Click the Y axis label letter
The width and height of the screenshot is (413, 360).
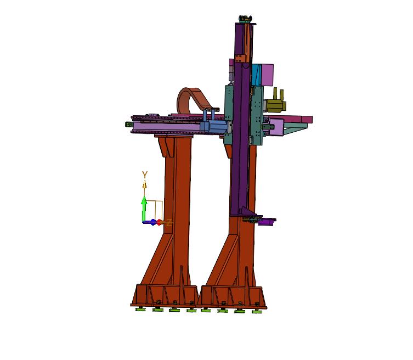click(x=145, y=175)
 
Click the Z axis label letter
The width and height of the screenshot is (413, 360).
click(x=169, y=223)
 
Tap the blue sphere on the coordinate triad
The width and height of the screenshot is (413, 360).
click(x=153, y=222)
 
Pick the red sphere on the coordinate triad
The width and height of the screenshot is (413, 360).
click(x=159, y=222)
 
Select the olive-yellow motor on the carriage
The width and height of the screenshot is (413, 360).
click(x=275, y=102)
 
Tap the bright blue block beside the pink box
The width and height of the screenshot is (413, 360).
click(x=256, y=75)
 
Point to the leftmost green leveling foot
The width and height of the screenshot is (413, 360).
click(x=140, y=310)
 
